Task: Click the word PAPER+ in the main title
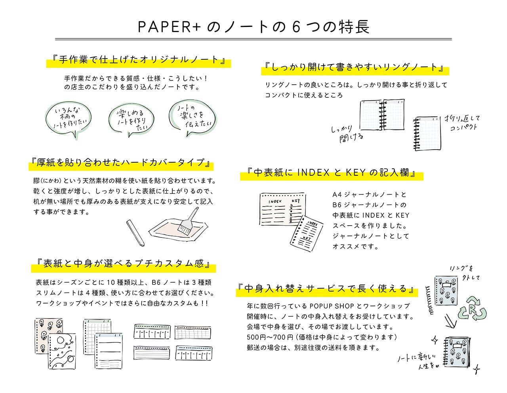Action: pos(170,27)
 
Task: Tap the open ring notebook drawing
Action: pos(382,115)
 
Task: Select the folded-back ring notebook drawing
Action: pos(427,133)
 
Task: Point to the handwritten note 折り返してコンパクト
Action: pos(462,123)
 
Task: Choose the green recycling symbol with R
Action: pos(472,309)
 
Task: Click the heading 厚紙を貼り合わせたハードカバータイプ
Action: pos(121,163)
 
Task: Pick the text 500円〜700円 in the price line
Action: pos(270,337)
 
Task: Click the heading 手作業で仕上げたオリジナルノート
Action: pos(139,60)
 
